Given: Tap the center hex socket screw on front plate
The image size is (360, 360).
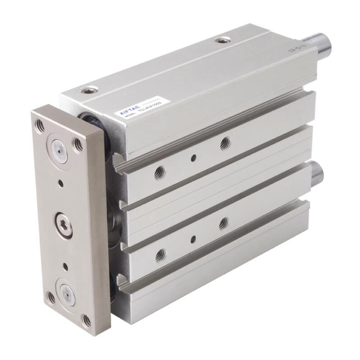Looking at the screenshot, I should pyautogui.click(x=63, y=224).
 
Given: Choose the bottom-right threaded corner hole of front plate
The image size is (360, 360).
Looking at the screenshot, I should pyautogui.click(x=86, y=320).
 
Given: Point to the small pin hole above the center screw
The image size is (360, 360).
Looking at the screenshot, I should pyautogui.click(x=60, y=184).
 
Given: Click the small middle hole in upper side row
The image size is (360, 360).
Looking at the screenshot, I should pyautogui.click(x=193, y=157).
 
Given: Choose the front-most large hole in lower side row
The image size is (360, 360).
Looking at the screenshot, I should pyautogui.click(x=160, y=255).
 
